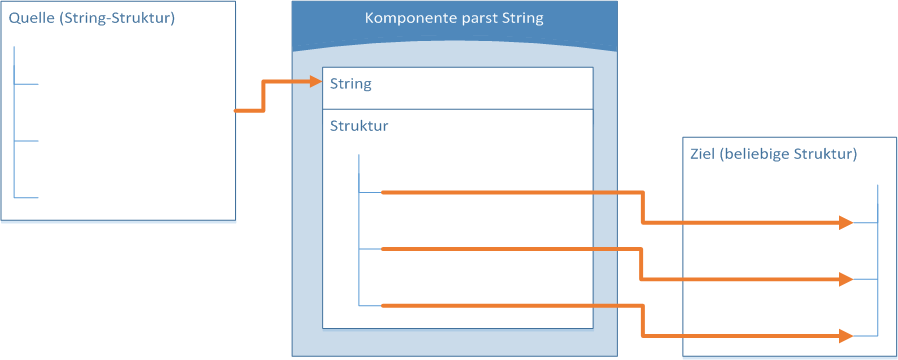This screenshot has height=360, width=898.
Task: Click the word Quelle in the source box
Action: (x=30, y=19)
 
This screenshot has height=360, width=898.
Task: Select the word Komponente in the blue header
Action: (x=403, y=19)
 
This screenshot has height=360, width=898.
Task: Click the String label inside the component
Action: (x=351, y=84)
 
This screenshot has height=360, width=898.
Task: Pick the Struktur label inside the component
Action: (x=359, y=126)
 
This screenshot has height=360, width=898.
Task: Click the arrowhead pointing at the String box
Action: (x=314, y=84)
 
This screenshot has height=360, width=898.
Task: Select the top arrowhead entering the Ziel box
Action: (x=846, y=222)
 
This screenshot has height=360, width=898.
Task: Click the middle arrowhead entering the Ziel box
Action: (x=846, y=279)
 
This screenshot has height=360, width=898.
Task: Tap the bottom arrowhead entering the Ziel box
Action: (x=846, y=335)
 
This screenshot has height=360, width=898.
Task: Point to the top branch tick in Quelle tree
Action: (x=27, y=84)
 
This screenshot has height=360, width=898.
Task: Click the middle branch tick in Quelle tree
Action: (x=27, y=141)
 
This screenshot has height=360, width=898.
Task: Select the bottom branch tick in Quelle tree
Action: (x=27, y=197)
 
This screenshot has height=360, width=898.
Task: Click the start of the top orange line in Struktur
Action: (x=385, y=192)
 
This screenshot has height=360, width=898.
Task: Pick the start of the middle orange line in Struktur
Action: (x=385, y=248)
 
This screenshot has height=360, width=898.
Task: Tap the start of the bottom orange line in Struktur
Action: (x=385, y=305)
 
